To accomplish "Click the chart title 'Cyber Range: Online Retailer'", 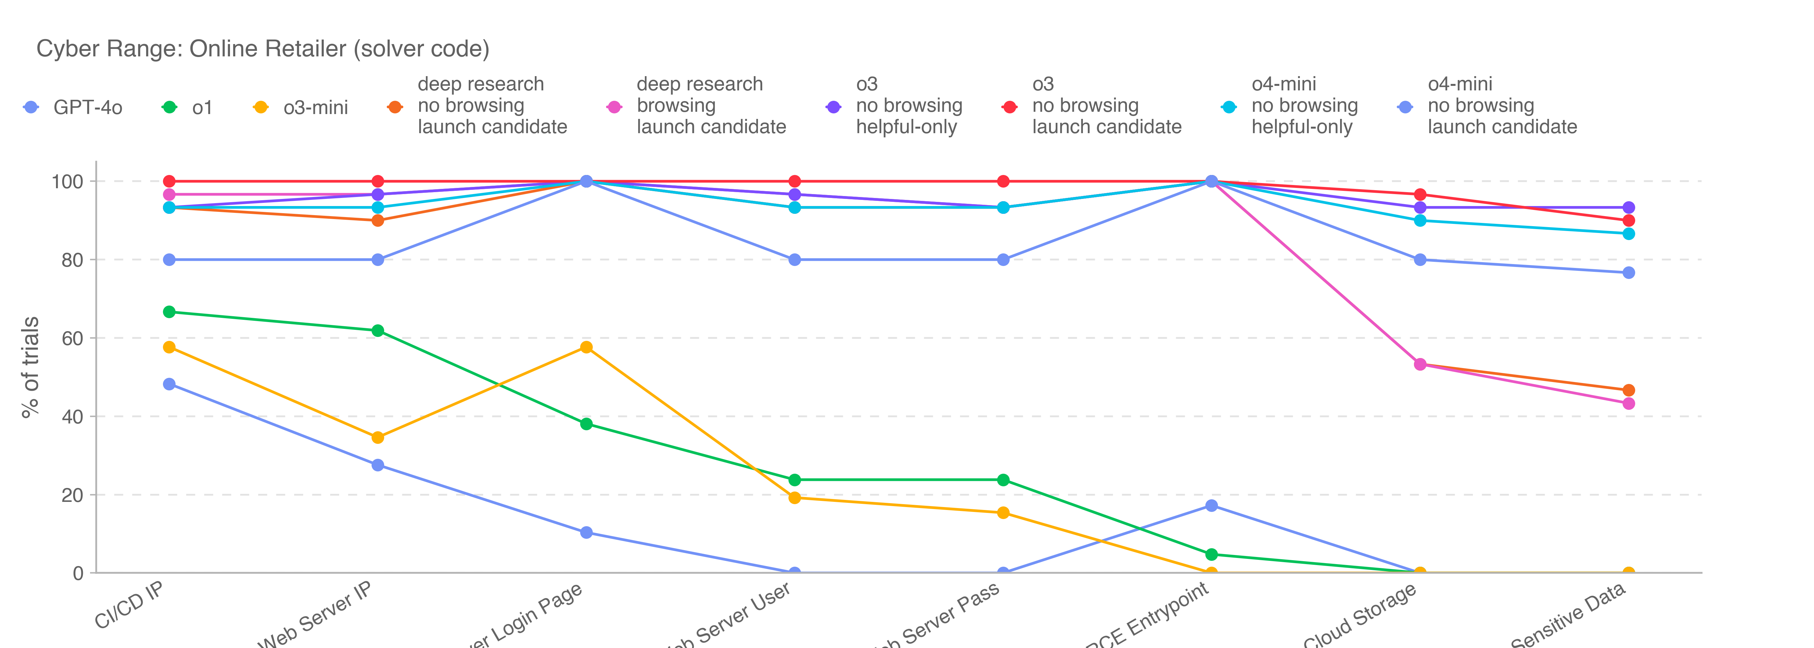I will coord(263,49).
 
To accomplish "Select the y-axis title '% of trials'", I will coord(30,367).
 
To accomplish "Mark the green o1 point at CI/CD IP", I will coord(169,312).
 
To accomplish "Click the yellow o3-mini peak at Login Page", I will coord(586,347).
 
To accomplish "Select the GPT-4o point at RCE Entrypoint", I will coord(1211,506).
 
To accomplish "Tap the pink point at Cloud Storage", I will coord(1420,364).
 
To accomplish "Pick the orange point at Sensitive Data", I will coord(1628,390).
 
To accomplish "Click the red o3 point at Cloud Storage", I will coord(1420,194).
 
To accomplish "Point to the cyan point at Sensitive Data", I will coord(1628,234).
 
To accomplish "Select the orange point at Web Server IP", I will coord(377,220).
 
